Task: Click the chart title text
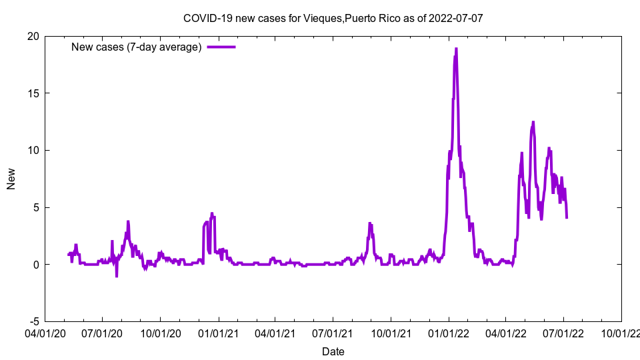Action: (333, 18)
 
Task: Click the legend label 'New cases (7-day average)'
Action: (136, 47)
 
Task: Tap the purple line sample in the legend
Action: (221, 47)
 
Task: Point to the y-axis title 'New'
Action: (11, 179)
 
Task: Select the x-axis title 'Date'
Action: (333, 351)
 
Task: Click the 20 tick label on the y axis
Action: (33, 36)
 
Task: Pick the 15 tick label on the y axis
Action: (33, 93)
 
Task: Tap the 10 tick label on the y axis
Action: (33, 150)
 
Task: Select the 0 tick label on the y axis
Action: (35, 265)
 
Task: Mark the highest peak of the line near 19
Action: (456, 49)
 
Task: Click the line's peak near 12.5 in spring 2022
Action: (533, 122)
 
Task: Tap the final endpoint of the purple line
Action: (567, 217)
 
